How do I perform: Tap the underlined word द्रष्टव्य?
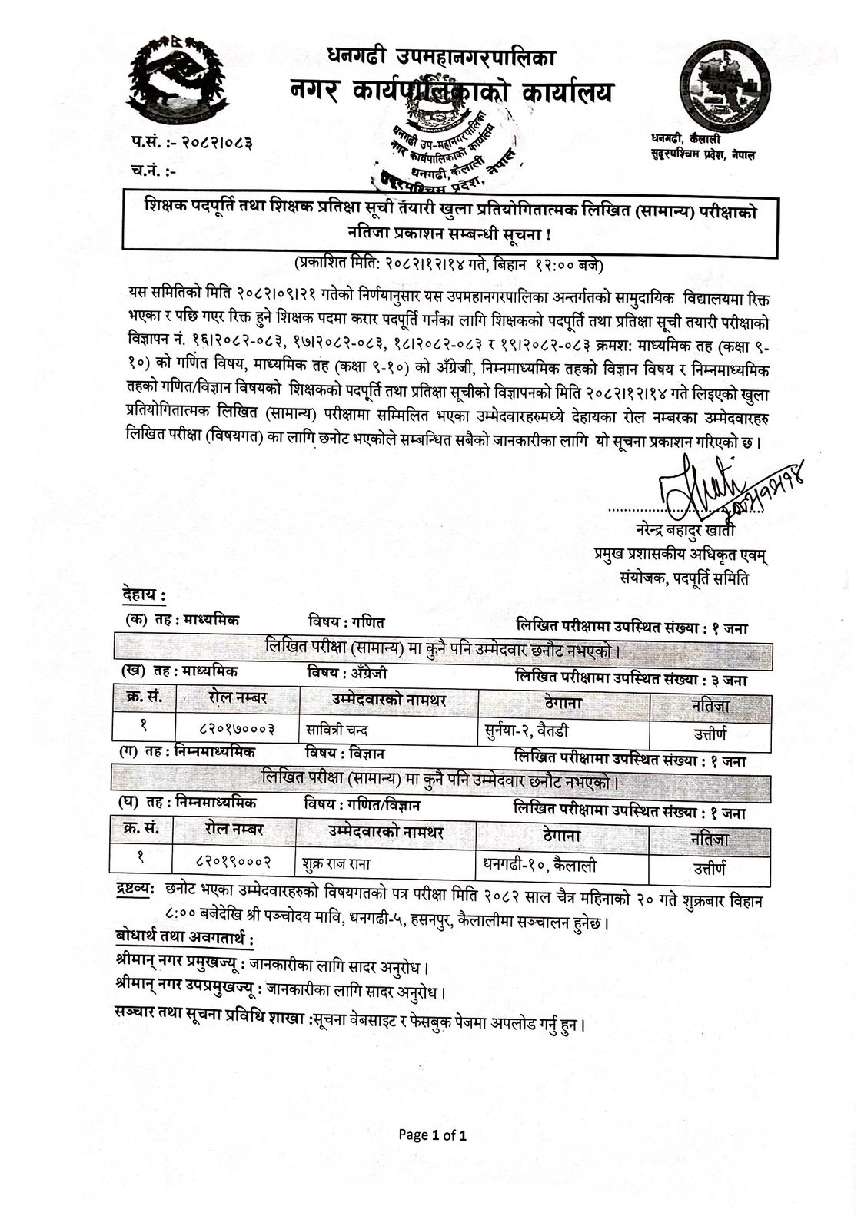[135, 898]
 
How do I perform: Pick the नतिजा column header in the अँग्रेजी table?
[710, 704]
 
